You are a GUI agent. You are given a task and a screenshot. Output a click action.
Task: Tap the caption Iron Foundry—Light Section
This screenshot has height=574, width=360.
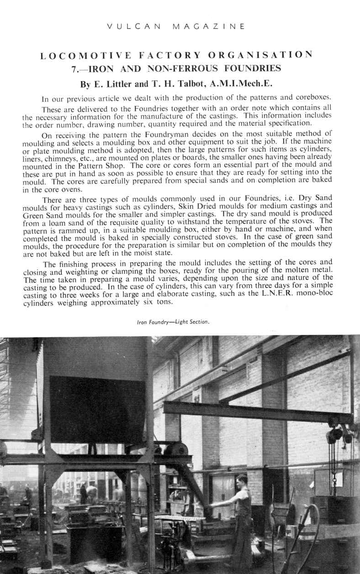(x=173, y=322)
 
